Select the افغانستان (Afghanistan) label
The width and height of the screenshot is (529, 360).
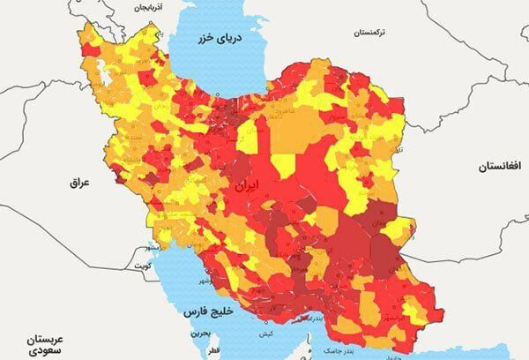pyautogui.click(x=503, y=166)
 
